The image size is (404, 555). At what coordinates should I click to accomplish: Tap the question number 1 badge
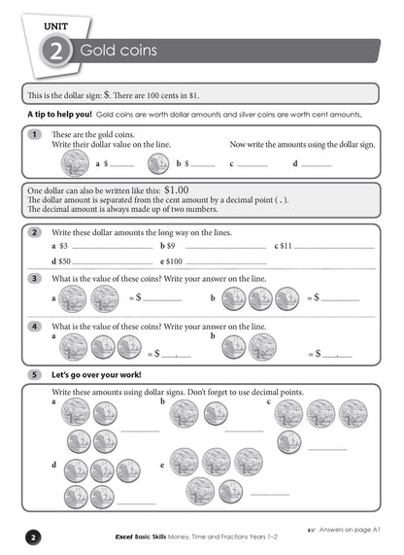point(34,133)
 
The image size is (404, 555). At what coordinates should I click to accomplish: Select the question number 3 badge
point(34,278)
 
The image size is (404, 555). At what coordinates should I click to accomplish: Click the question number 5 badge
point(34,373)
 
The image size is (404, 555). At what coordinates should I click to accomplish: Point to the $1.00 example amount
point(184,191)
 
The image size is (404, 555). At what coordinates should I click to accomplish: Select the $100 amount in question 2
point(174,261)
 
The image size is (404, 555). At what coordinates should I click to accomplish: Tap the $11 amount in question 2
point(286,246)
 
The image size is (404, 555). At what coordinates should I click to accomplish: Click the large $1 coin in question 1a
point(75,161)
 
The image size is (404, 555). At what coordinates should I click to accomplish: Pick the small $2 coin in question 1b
point(158,162)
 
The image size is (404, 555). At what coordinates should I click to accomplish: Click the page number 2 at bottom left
point(32,537)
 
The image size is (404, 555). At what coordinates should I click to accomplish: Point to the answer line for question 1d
point(318,165)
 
